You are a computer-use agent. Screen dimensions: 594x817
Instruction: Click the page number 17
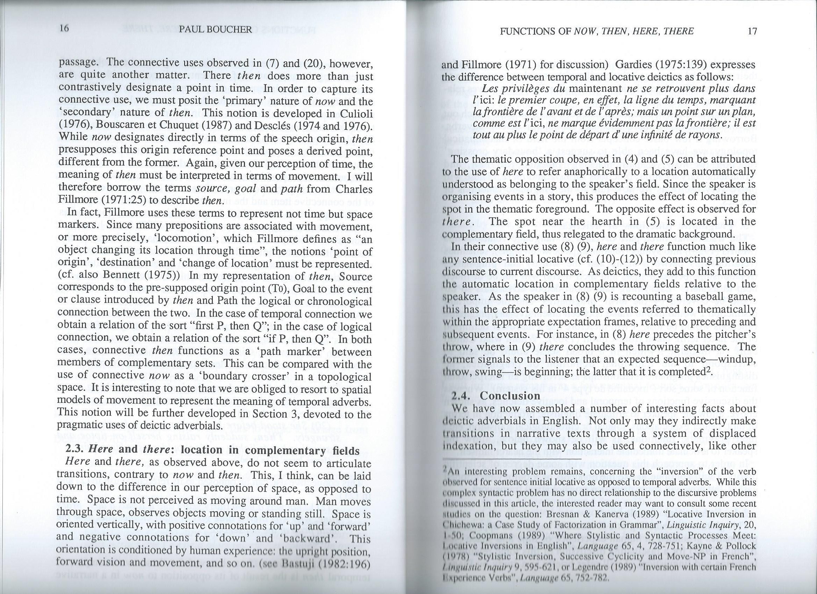(x=752, y=31)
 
